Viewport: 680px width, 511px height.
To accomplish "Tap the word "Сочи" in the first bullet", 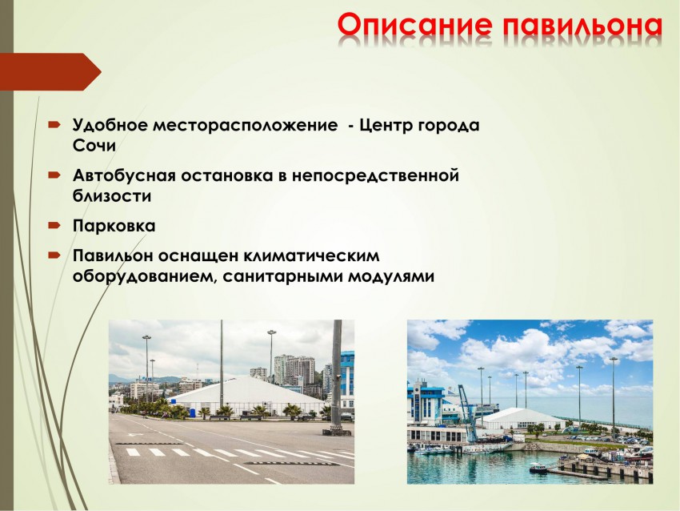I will (94, 147).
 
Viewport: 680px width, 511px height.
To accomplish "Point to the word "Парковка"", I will (114, 226).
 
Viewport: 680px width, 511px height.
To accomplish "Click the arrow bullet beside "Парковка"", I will (54, 225).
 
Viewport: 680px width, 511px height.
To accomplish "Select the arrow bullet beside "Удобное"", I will (54, 126).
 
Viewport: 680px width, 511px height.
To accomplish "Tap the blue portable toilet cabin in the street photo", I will (180, 412).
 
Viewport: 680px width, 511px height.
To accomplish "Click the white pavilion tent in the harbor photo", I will (524, 419).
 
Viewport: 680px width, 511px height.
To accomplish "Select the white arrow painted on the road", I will (139, 436).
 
